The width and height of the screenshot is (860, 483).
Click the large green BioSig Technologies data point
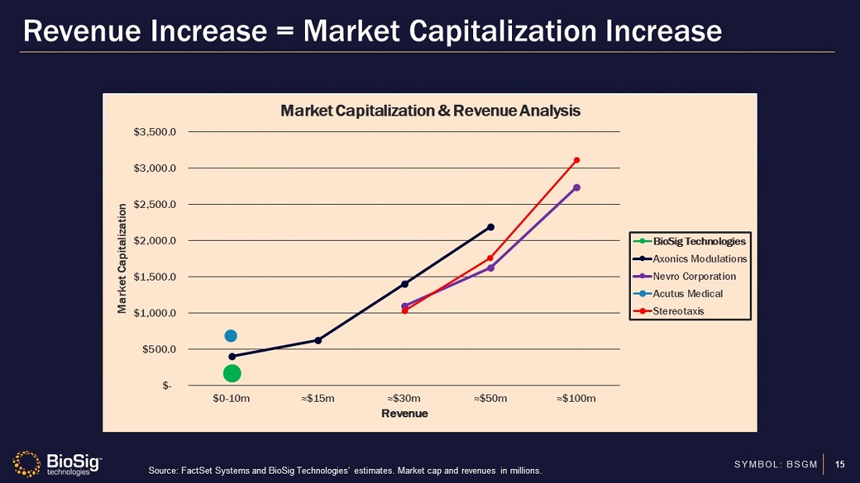pyautogui.click(x=231, y=374)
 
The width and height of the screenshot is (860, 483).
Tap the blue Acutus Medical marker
pyautogui.click(x=231, y=336)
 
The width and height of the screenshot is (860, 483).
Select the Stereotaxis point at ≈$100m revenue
pyautogui.click(x=577, y=160)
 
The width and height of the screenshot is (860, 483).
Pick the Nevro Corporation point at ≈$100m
pyautogui.click(x=577, y=188)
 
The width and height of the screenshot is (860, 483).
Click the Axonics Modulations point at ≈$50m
pyautogui.click(x=491, y=227)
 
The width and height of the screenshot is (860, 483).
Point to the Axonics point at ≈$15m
pyautogui.click(x=318, y=340)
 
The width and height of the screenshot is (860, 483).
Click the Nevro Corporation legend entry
pyautogui.click(x=694, y=276)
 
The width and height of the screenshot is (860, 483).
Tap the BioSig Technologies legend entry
pyautogui.click(x=699, y=241)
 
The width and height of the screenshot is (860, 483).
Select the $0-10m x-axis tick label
pyautogui.click(x=231, y=399)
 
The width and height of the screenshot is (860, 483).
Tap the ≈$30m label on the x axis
pyautogui.click(x=404, y=399)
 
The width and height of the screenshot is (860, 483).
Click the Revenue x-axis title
pyautogui.click(x=404, y=413)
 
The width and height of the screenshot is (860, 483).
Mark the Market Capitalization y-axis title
pyautogui.click(x=122, y=259)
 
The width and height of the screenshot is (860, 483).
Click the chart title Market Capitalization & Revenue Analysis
pyautogui.click(x=430, y=111)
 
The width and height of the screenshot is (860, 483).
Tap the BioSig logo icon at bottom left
pyautogui.click(x=27, y=463)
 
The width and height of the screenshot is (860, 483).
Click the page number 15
pyautogui.click(x=840, y=465)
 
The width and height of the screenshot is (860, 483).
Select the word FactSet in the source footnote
pyautogui.click(x=196, y=470)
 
